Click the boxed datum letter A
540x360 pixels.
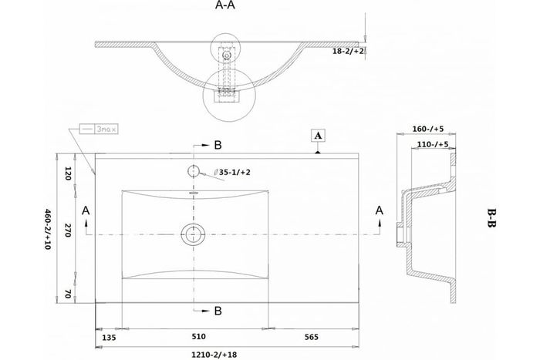[x=318, y=134]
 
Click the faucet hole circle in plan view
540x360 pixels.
[x=192, y=170]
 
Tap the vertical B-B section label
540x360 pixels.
[x=491, y=217]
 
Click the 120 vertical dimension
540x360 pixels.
[x=68, y=173]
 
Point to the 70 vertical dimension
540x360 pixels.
[x=68, y=293]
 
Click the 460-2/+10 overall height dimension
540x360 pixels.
[x=48, y=231]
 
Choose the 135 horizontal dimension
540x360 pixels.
[x=110, y=337]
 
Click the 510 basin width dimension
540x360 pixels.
[x=198, y=337]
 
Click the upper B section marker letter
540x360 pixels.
[x=218, y=145]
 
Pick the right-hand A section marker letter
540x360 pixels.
[x=379, y=210]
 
